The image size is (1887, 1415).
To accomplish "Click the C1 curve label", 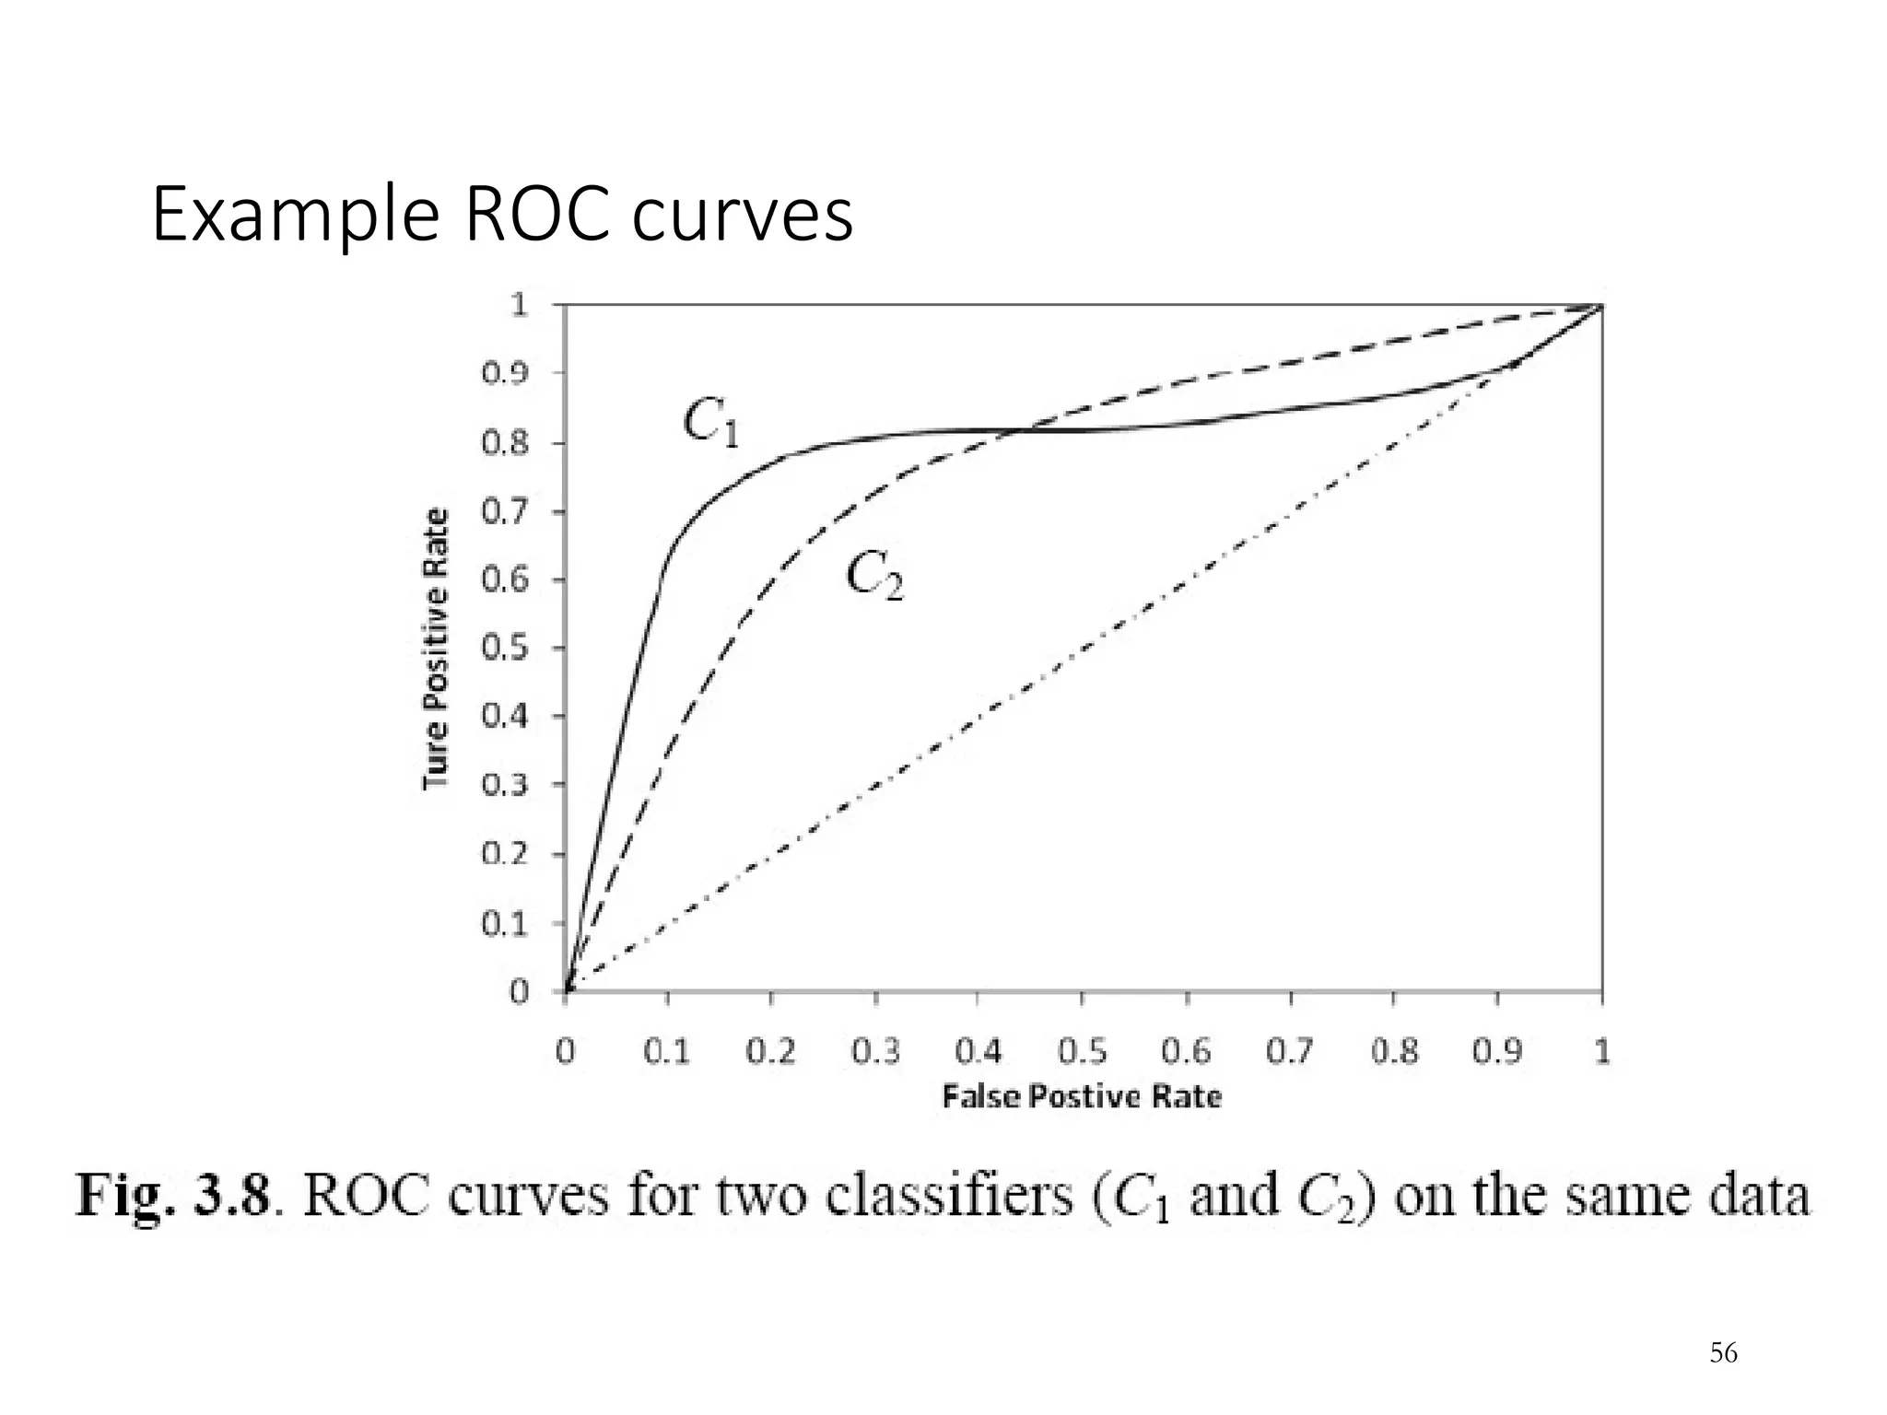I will (x=710, y=425).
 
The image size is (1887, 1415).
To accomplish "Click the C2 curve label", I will (x=874, y=577).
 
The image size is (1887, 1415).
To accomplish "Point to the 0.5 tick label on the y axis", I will (x=505, y=648).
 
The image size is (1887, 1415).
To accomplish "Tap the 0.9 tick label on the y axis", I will (x=505, y=373).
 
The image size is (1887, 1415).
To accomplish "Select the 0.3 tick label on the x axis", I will (x=875, y=1051).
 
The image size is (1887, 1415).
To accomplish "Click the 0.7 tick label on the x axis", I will (x=1290, y=1051).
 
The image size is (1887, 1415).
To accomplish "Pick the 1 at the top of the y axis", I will (x=519, y=305).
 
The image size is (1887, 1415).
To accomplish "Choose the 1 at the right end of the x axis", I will (x=1601, y=1051).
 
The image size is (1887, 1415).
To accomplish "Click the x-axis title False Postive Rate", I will (x=1082, y=1096).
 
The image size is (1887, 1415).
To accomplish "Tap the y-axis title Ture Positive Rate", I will (x=436, y=648).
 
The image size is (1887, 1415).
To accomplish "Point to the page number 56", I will (x=1723, y=1353).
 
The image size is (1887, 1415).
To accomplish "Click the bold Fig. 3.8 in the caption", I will (x=173, y=1197).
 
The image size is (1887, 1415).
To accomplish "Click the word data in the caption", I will (x=1759, y=1197).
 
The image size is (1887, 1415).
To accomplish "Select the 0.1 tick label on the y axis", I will (x=505, y=923).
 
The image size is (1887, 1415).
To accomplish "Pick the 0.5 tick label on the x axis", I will (x=1082, y=1051).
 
